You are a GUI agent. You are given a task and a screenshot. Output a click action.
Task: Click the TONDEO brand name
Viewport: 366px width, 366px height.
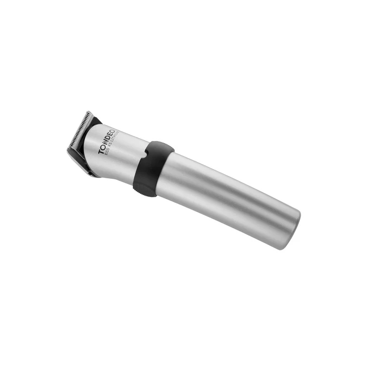pyautogui.click(x=107, y=142)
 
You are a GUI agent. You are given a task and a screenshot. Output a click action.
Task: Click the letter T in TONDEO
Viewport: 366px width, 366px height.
pyautogui.click(x=100, y=151)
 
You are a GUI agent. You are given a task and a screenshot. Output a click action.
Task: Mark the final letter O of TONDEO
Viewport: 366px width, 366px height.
pyautogui.click(x=113, y=132)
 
